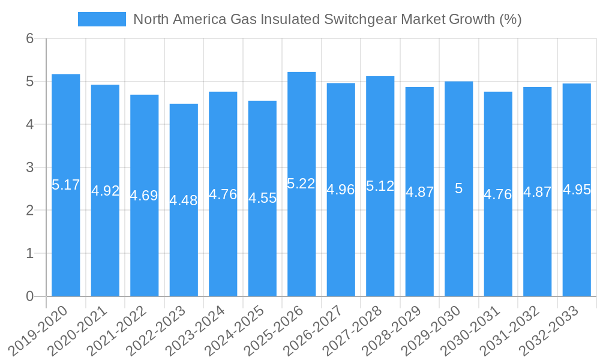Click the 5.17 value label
[66, 185]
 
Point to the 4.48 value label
[184, 200]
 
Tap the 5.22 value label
[301, 184]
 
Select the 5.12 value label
[380, 186]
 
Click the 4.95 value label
[577, 190]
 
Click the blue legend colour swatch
[102, 19]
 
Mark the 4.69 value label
[144, 196]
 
